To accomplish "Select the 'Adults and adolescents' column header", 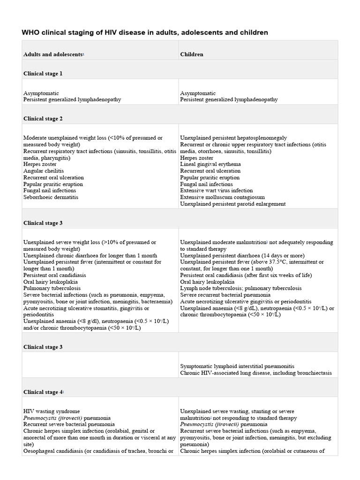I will coord(53,54).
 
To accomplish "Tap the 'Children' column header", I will coord(192,54).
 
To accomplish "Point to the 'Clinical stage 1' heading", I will coord(43,74).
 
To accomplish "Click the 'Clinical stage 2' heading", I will coord(43,119).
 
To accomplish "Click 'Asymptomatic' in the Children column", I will coord(198,93).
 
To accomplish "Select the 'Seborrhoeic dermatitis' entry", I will coord(51,197).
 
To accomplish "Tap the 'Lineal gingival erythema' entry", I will coord(210,165).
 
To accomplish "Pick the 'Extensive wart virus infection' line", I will coord(217,191).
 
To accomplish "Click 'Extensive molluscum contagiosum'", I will coord(222,197).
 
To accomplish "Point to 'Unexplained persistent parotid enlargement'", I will coord(233,204).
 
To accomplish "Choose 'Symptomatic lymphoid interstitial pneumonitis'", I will coord(237,366).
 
